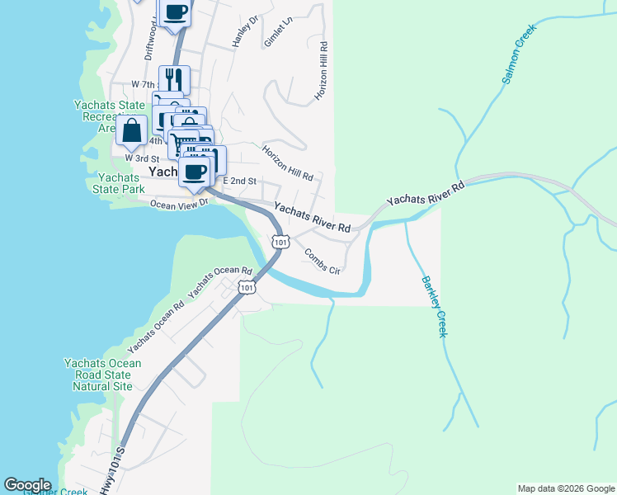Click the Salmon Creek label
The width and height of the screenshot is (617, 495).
coord(519,54)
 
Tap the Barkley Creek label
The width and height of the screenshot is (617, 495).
coord(434,305)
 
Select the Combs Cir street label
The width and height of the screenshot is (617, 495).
coord(322,261)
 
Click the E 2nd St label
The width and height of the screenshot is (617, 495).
coord(240,181)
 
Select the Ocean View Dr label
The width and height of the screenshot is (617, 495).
coord(176,204)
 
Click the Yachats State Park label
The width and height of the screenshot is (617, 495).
coord(121,183)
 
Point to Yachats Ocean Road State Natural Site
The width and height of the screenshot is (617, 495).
coord(102,375)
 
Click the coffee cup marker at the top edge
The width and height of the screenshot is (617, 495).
coord(175,12)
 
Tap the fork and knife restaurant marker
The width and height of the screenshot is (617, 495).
coord(174,79)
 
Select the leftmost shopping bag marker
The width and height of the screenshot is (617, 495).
coord(131,130)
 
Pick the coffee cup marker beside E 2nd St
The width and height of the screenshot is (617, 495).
coord(195,172)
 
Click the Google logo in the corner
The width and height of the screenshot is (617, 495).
coord(27,485)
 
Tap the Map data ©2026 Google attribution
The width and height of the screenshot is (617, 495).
coord(565,488)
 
